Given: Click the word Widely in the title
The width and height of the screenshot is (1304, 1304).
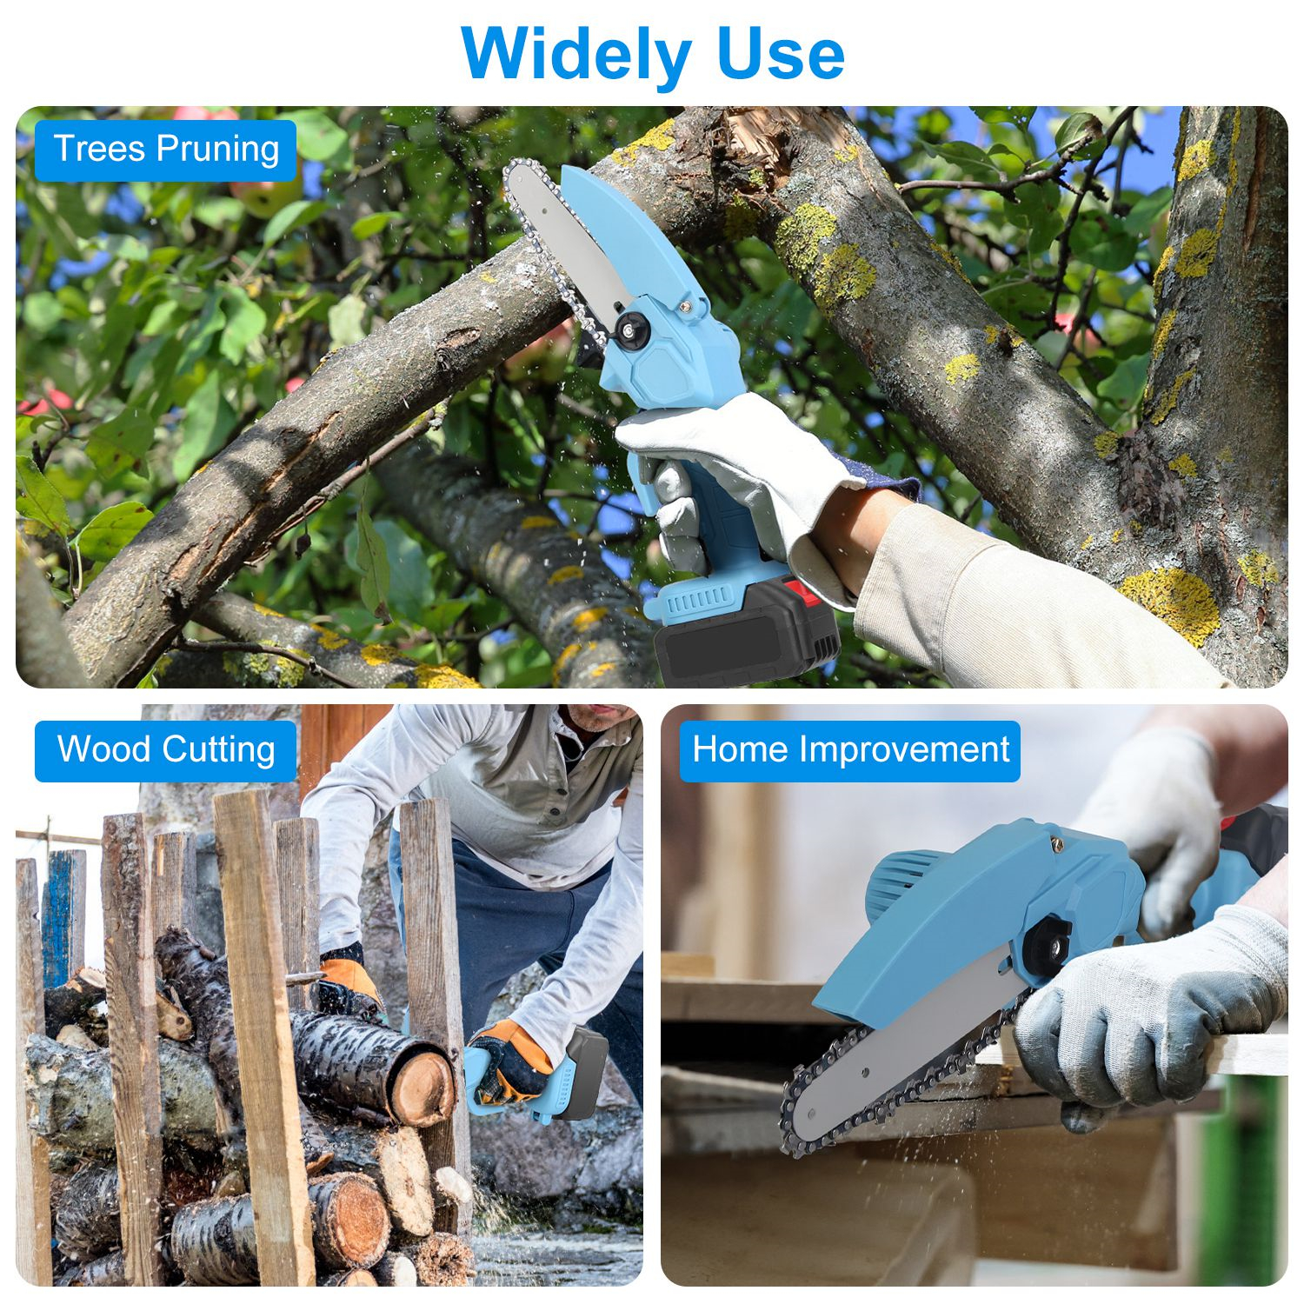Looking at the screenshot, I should [x=575, y=54].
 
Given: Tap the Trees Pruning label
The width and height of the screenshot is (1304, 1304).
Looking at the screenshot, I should [x=166, y=150].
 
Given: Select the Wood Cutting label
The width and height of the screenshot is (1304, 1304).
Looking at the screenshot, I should [x=166, y=749].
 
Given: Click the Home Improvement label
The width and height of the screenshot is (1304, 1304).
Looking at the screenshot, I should [x=849, y=749].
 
